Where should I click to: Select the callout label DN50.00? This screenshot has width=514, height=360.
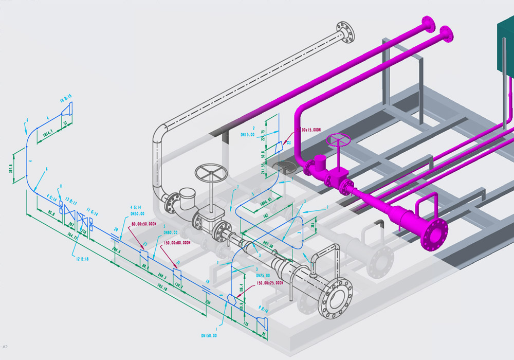[138, 212]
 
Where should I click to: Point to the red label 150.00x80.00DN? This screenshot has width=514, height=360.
[176, 242]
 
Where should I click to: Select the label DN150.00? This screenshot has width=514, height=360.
[209, 336]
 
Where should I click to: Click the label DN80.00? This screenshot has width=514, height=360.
[171, 231]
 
